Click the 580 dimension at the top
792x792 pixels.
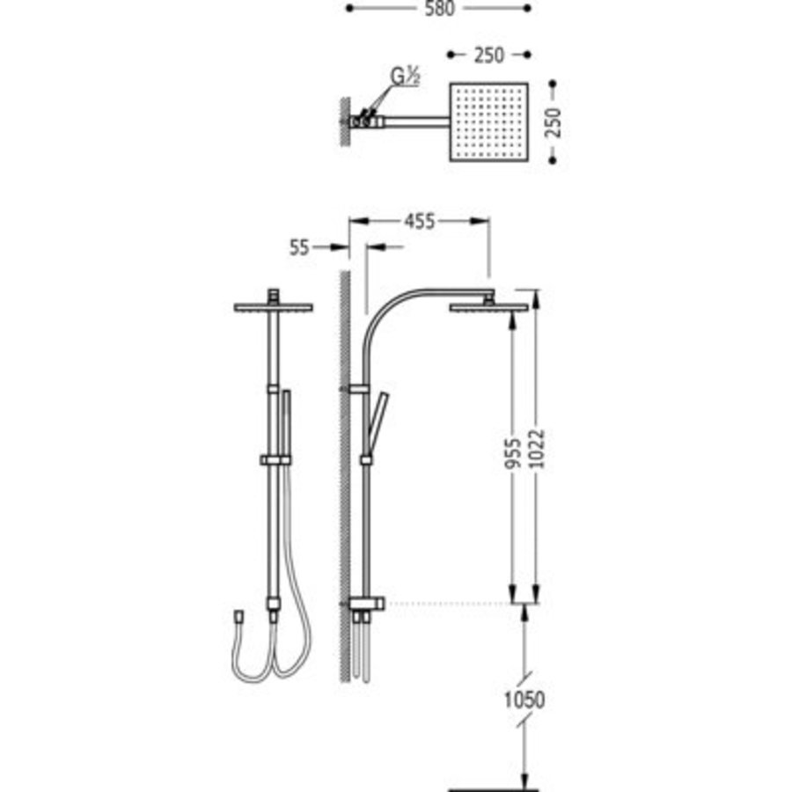coord(437,8)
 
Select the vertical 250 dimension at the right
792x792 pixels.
coord(553,124)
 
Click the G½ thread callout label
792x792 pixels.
coord(405,78)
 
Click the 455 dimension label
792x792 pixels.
coord(419,222)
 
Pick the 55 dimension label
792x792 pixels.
coord(299,248)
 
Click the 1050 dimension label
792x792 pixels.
coord(525,700)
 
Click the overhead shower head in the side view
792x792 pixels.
coord(488,306)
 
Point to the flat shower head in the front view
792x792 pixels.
coord(274,306)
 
